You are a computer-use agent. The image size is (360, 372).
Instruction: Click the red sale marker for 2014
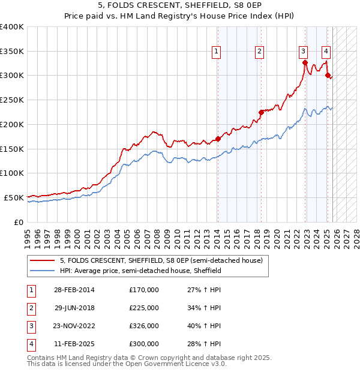(218, 139)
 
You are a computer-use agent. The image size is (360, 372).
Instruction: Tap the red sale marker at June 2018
(261, 112)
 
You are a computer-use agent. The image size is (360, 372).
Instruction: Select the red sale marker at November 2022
(305, 62)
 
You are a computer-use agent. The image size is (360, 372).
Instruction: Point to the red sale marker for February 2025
(328, 75)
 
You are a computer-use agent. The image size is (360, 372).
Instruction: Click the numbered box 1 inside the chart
(215, 52)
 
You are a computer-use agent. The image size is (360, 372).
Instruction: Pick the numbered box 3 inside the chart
(304, 52)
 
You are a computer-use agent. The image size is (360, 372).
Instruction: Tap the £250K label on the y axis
(12, 100)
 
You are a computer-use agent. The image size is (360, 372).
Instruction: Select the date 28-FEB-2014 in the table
(74, 290)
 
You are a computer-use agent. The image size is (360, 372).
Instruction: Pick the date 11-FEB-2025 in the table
(74, 344)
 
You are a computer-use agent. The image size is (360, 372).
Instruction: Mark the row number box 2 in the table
(31, 308)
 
